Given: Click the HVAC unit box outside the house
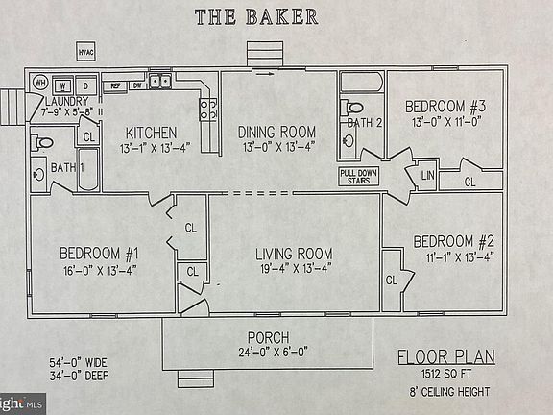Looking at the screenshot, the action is tap(86, 52).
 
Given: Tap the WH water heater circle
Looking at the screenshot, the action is tap(40, 83).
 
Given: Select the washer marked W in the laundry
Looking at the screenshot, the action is tap(62, 85).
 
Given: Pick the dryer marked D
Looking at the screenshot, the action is tap(86, 85).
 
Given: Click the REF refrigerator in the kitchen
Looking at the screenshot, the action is tap(115, 86).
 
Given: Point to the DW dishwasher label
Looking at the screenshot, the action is tap(137, 85).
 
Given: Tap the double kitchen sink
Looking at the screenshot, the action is tap(159, 81).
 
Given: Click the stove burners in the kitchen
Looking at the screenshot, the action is tap(208, 110).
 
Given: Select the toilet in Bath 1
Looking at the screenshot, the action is tap(41, 143).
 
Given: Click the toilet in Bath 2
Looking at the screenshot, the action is tap(351, 108).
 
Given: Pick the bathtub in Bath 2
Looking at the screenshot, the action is tap(362, 83).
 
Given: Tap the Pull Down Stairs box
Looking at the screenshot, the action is tap(359, 177).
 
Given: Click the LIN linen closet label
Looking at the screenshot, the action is tap(427, 175).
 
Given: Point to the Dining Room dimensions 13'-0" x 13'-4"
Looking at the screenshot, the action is tap(278, 147).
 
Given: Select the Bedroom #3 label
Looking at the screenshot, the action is tap(445, 107).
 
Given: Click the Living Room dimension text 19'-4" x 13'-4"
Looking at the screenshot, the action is tap(296, 269).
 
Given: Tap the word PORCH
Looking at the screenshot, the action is tap(269, 338).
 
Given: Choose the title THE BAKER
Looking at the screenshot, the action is tap(256, 17).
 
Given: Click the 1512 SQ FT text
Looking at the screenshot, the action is tap(446, 374).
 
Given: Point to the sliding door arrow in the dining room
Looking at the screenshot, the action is tap(265, 74).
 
